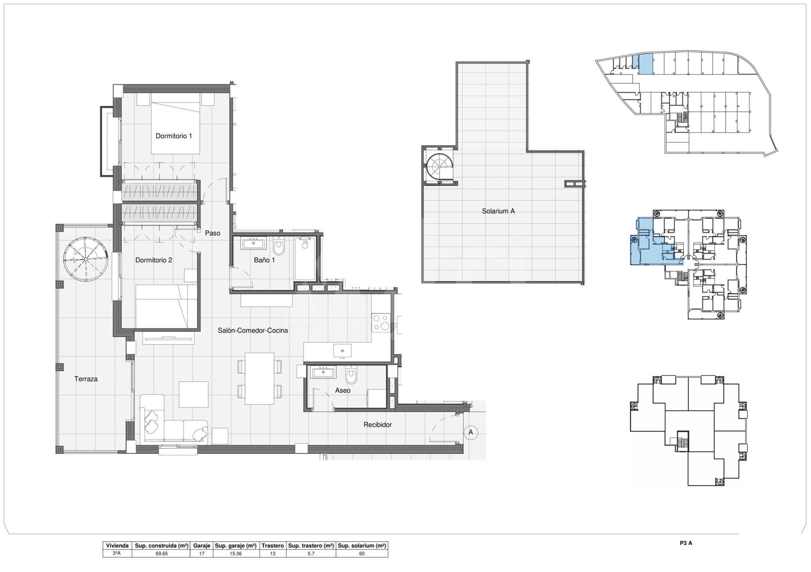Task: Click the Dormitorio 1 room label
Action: point(174,136)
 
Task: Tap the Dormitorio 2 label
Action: point(154,260)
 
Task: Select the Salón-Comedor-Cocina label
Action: point(253,330)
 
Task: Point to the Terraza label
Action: point(86,379)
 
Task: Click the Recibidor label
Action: point(378,425)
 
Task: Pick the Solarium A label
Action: point(498,211)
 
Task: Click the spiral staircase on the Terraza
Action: point(85,259)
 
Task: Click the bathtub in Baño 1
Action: point(305,259)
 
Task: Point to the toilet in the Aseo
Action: point(351,374)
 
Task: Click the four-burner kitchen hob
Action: point(381,323)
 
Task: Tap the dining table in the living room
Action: point(259,379)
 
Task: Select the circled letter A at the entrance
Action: point(471,432)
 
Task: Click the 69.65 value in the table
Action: point(162,553)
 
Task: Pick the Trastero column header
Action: point(273,546)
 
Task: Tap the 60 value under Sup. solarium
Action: point(362,553)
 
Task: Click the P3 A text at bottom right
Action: point(686,543)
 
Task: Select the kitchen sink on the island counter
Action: point(342,350)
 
